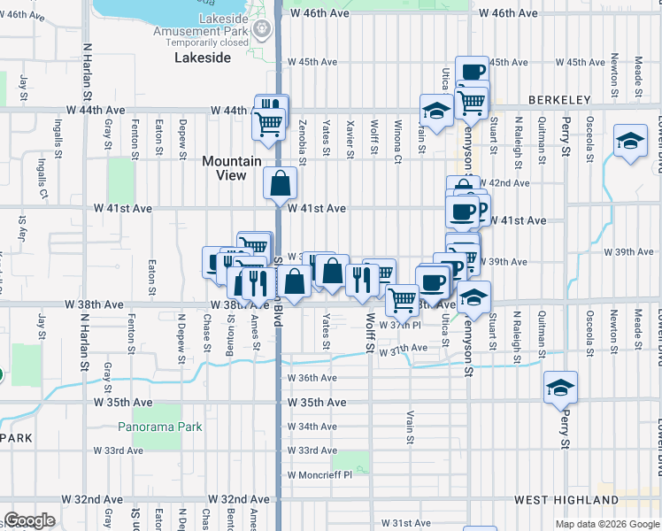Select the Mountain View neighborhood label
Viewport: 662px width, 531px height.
coord(232,168)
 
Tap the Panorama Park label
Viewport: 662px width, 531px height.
coord(160,427)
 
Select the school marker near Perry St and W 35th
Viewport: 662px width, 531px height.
coord(561,388)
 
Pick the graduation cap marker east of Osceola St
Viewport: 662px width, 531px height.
coord(630,142)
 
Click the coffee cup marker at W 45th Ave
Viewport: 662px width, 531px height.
coord(472,72)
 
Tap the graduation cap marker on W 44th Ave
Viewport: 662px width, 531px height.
coord(436,111)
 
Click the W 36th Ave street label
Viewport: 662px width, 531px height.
coord(312,378)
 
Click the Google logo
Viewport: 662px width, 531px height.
coord(29,520)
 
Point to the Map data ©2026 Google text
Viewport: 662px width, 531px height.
coord(605,524)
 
